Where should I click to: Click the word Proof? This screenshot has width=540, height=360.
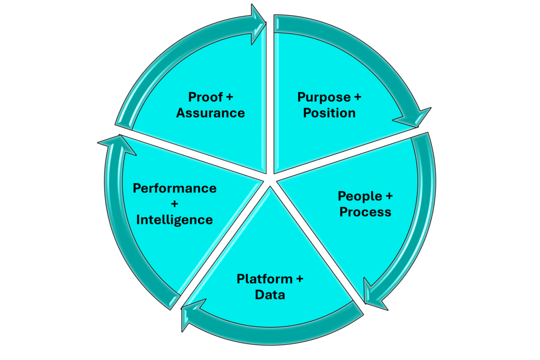[x=203, y=98]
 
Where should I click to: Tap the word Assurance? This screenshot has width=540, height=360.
[x=210, y=113]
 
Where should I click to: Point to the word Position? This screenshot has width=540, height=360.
[x=329, y=113]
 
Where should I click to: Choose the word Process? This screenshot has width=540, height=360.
[x=365, y=212]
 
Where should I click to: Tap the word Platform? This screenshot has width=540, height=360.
[x=264, y=278]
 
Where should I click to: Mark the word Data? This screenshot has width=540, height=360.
[x=269, y=294]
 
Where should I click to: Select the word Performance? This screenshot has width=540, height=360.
[x=175, y=188]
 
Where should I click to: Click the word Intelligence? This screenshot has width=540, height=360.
[x=175, y=219]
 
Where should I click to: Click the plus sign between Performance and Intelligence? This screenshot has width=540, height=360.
[x=175, y=204]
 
